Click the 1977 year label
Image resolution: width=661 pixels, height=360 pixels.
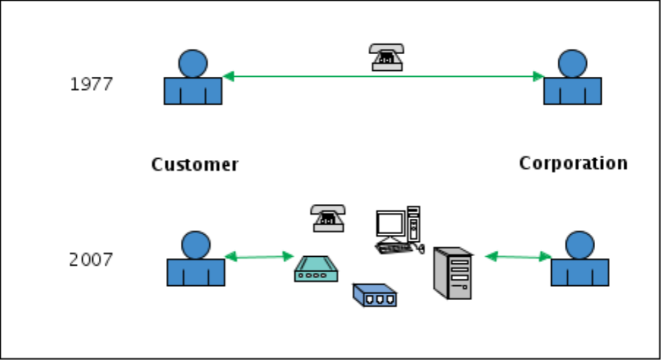tap(91, 85)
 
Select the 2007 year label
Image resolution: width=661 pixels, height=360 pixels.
tap(91, 260)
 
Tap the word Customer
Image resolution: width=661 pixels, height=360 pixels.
tap(195, 165)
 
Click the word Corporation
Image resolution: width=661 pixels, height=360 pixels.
tap(573, 163)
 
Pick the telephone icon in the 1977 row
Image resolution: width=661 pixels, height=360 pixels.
tap(387, 57)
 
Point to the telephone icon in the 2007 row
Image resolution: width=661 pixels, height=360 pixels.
tap(328, 218)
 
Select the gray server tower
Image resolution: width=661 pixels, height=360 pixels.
tap(453, 273)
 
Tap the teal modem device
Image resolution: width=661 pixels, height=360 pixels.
tap(316, 269)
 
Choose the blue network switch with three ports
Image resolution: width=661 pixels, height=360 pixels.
tap(374, 295)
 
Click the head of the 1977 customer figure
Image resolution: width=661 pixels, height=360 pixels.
tap(193, 63)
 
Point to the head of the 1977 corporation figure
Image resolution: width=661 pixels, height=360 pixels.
tap(573, 63)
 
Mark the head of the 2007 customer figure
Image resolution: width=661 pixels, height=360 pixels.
tap(196, 245)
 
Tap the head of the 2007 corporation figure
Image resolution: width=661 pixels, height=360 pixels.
tap(580, 245)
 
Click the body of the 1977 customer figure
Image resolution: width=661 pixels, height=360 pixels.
tap(193, 91)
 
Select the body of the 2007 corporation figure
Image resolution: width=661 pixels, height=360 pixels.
tap(580, 272)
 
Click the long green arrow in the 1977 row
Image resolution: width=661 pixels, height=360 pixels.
tap(383, 77)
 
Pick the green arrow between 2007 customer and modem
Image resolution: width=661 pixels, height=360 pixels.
tap(259, 257)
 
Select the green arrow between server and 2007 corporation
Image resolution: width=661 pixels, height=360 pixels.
tap(518, 257)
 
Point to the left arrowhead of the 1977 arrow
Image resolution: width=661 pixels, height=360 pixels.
tap(228, 77)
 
